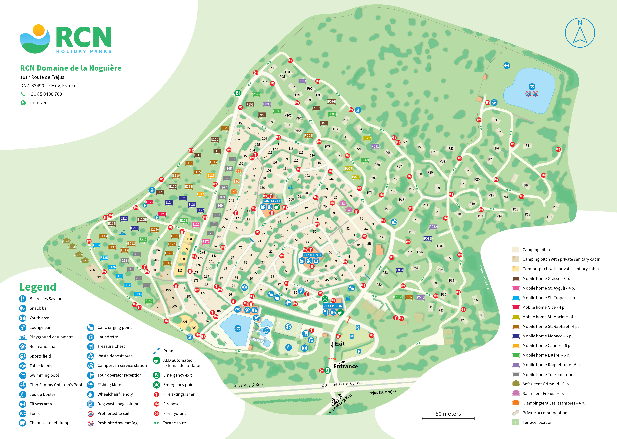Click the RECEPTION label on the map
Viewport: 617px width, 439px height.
(x=333, y=306)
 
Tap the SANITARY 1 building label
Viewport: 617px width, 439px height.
(x=312, y=255)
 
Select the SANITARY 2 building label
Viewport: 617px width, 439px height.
(x=272, y=201)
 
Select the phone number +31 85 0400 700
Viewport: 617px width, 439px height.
(x=45, y=94)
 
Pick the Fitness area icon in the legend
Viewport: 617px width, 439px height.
(x=23, y=404)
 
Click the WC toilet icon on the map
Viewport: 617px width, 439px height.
(x=237, y=309)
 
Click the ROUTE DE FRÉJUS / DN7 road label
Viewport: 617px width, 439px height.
(x=341, y=384)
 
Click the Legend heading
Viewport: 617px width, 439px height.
(x=38, y=287)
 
